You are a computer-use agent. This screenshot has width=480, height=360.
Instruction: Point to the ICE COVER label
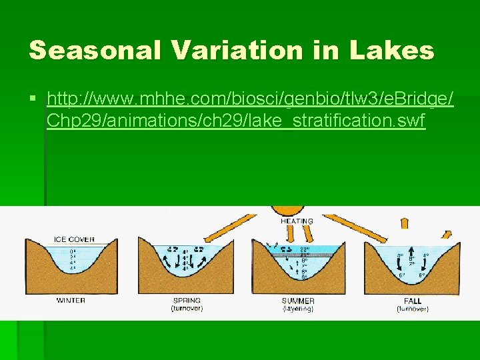[x=74, y=239]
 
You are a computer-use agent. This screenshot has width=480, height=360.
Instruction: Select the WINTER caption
[x=71, y=300]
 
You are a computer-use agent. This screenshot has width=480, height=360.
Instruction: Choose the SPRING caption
[x=187, y=301]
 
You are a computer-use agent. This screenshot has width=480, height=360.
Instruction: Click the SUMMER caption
[x=298, y=301]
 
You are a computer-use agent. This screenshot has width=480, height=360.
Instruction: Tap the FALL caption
[x=413, y=301]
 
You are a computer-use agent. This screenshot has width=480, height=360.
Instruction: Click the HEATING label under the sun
[x=297, y=221]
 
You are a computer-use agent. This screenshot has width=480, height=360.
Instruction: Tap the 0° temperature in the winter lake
[x=73, y=251]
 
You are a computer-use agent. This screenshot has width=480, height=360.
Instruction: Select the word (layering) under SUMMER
[x=298, y=309]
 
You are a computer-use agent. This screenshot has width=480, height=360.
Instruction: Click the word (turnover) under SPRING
[x=187, y=309]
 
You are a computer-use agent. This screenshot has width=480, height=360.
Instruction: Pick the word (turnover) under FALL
[x=413, y=309]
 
